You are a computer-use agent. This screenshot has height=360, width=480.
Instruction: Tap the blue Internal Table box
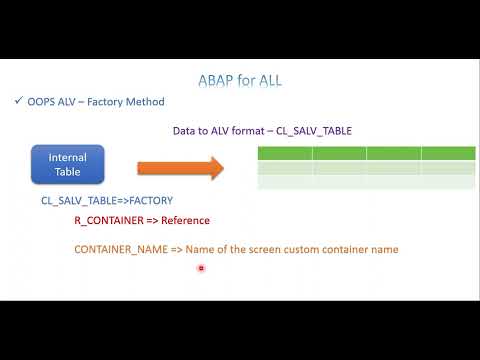68,164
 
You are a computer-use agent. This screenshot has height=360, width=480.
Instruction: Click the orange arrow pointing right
180,167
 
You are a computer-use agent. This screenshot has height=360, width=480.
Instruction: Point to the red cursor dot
201,268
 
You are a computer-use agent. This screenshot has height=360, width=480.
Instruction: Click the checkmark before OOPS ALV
19,101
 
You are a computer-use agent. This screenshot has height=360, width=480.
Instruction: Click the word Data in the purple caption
185,131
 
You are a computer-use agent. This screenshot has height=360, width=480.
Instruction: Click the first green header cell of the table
285,153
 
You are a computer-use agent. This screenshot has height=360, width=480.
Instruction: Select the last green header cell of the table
448,153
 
